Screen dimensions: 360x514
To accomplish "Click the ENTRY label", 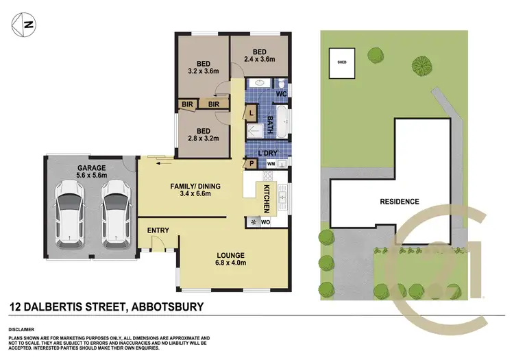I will pos(158,230).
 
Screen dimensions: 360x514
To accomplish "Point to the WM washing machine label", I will pos(270,165).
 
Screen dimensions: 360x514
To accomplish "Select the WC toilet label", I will pos(281,93).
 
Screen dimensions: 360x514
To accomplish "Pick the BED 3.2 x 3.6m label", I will pos(203,66).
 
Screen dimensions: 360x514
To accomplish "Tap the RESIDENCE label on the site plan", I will pos(400,202).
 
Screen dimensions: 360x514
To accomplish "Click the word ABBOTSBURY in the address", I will pos(164,307).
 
